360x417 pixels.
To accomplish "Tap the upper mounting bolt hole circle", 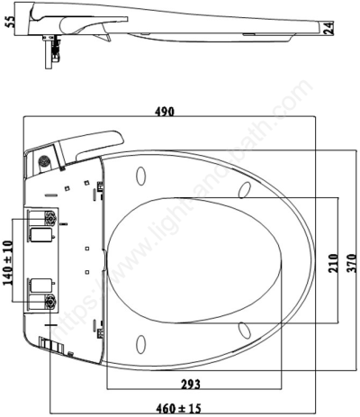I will tap(50, 220).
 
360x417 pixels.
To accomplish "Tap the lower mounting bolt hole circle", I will tap(50, 302).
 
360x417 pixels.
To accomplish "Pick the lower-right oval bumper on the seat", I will tap(245, 331).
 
